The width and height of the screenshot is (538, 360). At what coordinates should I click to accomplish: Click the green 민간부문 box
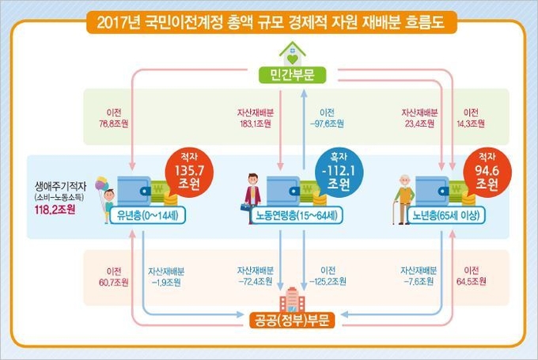292,75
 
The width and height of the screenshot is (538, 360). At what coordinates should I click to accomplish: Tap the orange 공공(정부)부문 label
292,320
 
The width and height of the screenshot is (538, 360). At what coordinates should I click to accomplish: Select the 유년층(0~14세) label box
147,215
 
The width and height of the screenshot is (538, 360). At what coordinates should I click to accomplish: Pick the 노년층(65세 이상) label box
446,215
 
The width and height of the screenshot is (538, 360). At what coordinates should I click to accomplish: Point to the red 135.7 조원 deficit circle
189,172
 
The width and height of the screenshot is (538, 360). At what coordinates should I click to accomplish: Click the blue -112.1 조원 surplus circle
339,172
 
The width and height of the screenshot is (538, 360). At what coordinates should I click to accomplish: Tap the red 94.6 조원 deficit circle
487,172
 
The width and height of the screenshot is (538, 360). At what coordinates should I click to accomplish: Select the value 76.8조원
114,124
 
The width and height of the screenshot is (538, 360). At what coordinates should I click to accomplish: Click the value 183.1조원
256,124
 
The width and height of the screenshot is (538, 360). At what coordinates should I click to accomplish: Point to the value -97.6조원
327,124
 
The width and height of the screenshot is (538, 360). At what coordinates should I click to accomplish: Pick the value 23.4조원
419,124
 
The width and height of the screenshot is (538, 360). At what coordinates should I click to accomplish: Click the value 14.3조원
471,124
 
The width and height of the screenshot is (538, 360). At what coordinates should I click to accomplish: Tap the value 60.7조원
114,282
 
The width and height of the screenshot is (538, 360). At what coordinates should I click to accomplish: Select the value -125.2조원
328,282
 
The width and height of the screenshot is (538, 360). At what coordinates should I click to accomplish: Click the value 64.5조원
471,282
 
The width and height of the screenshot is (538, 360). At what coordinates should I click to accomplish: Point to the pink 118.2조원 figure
55,210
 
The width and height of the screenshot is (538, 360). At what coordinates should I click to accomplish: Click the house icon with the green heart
292,54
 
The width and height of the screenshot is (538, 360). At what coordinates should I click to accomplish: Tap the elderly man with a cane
403,199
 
